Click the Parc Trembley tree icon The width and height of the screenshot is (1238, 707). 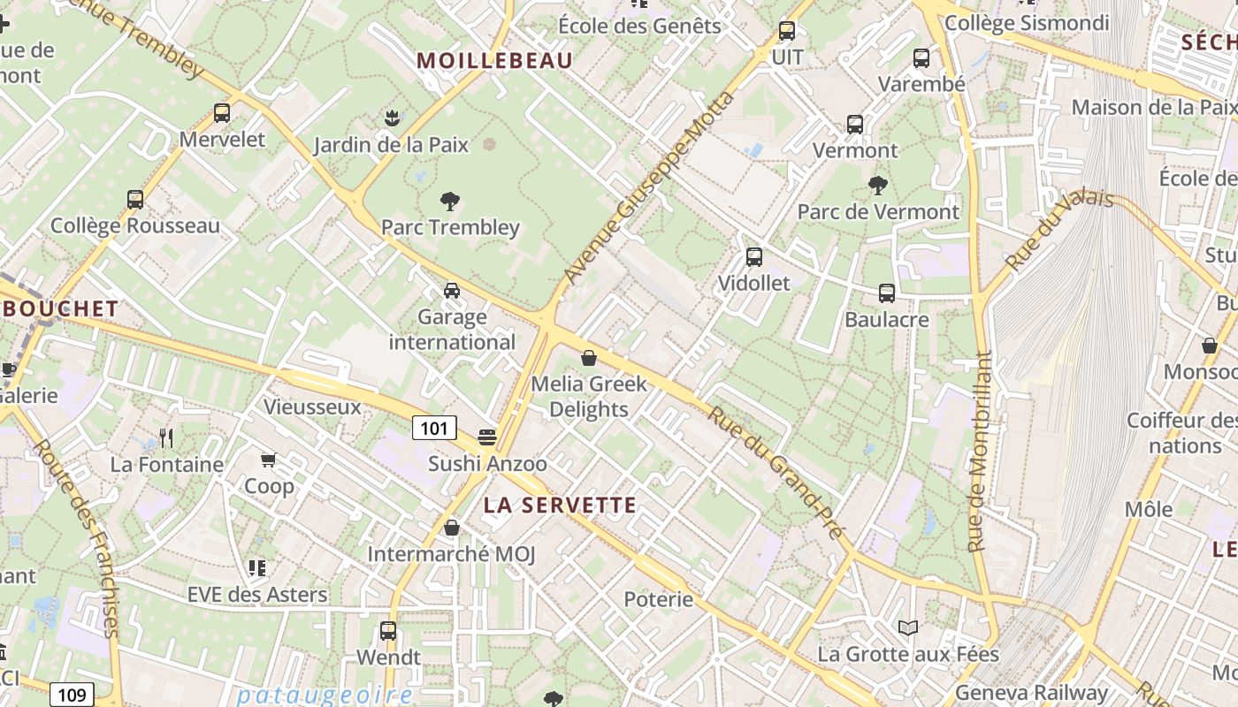[x=450, y=201]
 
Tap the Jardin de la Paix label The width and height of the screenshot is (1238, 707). [x=391, y=144]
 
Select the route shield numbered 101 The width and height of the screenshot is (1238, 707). [x=434, y=429]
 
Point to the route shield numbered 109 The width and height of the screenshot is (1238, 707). [x=71, y=695]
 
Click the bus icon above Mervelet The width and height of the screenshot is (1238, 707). [x=222, y=113]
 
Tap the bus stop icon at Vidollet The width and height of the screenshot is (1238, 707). [x=754, y=257]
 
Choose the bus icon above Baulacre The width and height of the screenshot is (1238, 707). [x=887, y=293]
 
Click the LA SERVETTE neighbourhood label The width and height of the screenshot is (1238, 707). [x=560, y=506]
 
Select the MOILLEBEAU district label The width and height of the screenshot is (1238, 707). [x=495, y=61]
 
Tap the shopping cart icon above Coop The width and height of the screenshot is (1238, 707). [x=269, y=460]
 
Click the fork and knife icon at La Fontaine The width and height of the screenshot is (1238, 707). [x=165, y=437]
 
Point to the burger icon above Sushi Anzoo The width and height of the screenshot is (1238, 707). [x=486, y=437]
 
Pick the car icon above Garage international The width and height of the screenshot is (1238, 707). [x=452, y=290]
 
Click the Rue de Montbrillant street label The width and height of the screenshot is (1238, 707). [x=980, y=452]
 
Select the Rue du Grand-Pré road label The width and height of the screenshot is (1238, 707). [x=779, y=474]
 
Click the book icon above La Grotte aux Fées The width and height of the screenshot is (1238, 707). [x=908, y=627]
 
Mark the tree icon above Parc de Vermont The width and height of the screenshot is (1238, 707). [x=877, y=186]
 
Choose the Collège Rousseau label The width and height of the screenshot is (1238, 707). [x=135, y=225]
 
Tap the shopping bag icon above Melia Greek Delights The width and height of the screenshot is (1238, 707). [x=589, y=358]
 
